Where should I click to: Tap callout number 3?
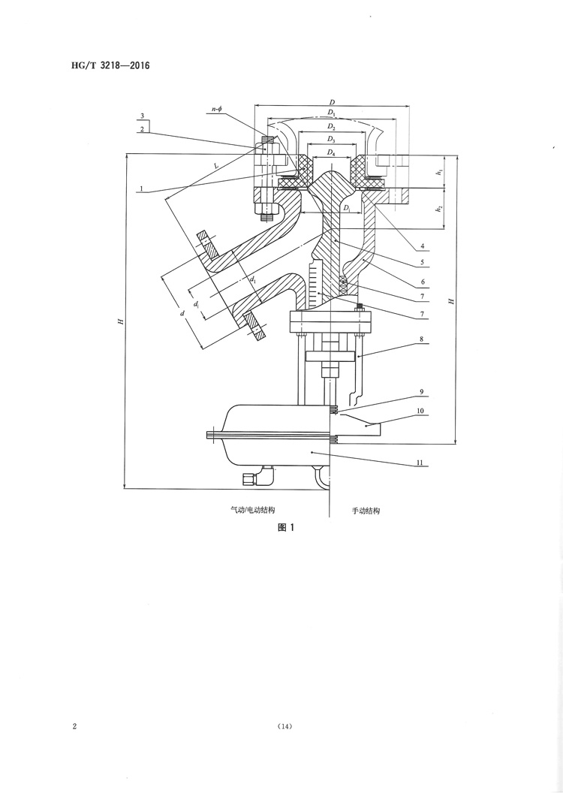(x=141, y=118)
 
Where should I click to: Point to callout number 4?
(x=423, y=246)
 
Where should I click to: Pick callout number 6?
(x=423, y=282)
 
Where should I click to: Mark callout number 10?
(x=422, y=412)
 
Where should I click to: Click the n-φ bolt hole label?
(x=218, y=110)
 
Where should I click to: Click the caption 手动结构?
(x=366, y=510)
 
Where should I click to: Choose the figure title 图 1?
(x=286, y=527)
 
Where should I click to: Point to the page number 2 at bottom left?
(x=74, y=726)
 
